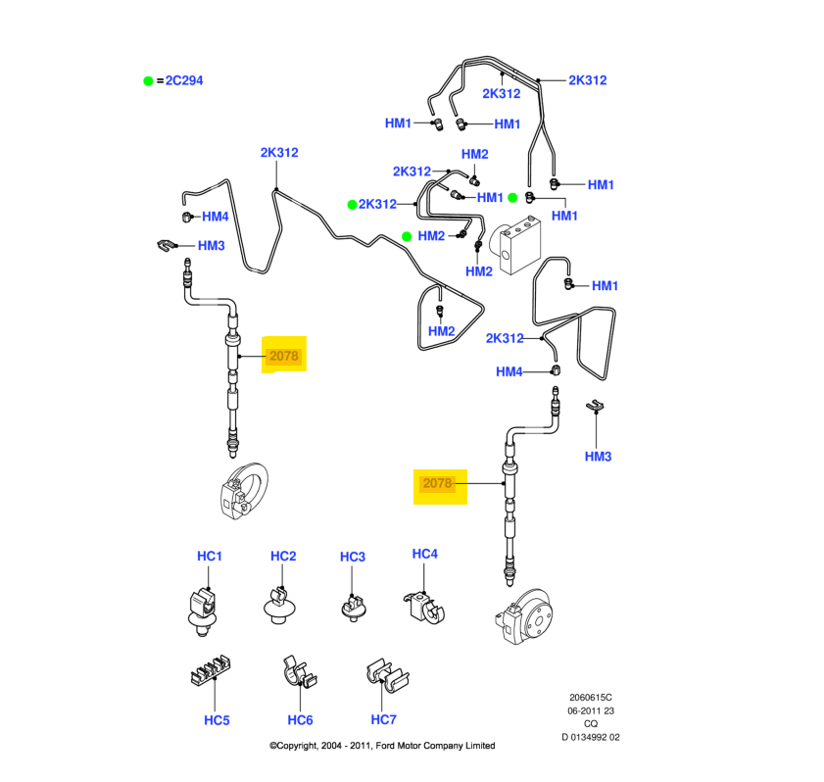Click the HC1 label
[x=210, y=557]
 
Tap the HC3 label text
[x=353, y=558]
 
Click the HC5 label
[x=217, y=720]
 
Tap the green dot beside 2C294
[x=149, y=80]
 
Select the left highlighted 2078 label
[x=283, y=357]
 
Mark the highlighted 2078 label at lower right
[x=437, y=483]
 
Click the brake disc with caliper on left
[x=242, y=492]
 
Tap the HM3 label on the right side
[x=598, y=457]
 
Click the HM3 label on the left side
[x=212, y=246]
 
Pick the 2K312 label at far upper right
[x=588, y=80]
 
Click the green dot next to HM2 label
[x=407, y=235]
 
